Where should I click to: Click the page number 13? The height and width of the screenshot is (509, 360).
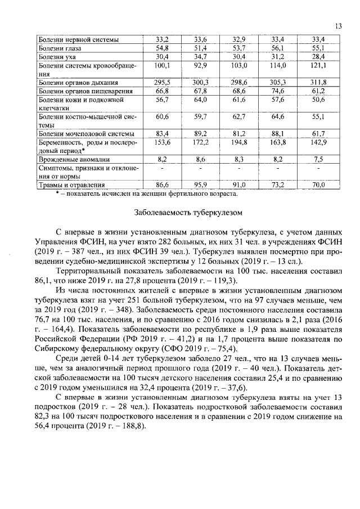tap(339, 26)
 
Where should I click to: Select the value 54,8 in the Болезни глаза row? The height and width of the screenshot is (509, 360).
tap(163, 48)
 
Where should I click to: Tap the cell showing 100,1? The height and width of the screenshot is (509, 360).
tap(163, 65)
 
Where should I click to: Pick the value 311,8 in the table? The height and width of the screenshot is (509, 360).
tap(319, 82)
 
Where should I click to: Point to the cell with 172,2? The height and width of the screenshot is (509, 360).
tap(201, 143)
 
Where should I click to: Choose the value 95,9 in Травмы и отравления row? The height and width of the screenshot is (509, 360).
tap(201, 184)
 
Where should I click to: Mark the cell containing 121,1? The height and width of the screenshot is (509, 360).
tap(319, 65)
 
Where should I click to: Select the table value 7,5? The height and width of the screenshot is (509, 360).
tap(319, 160)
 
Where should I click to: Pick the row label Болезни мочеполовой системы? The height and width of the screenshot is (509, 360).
tap(86, 133)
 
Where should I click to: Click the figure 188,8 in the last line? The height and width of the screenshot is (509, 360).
tap(129, 426)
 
